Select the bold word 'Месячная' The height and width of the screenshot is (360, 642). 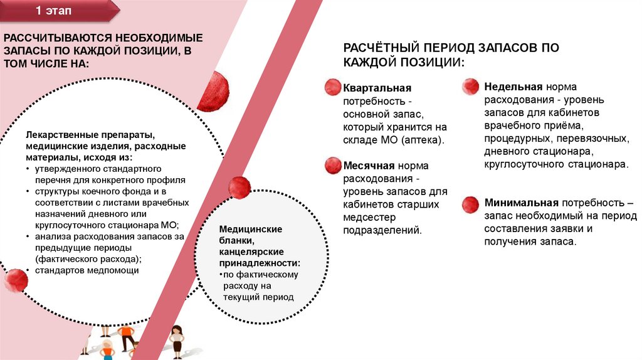pos(369,166)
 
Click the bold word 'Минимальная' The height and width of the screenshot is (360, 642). pos(521,203)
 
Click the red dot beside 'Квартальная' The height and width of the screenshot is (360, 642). pos(332,88)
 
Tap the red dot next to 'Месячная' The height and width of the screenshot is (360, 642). pos(332,166)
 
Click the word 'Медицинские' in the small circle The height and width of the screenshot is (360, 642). pos(250,229)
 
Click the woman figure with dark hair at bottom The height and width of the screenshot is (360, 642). pos(177,339)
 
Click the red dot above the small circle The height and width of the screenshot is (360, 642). pos(239,188)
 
